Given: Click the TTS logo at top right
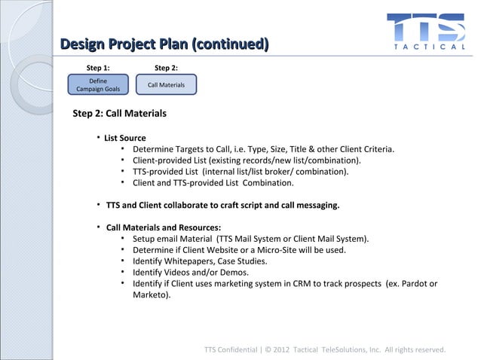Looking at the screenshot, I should (x=427, y=27).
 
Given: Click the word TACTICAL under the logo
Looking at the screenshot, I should (x=430, y=47).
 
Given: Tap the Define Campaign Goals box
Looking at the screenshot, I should (x=98, y=85).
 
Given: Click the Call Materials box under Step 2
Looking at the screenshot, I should (x=166, y=85).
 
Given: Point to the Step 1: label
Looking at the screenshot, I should (x=98, y=68).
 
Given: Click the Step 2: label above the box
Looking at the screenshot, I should (x=166, y=68).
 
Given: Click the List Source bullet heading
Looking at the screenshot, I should (x=125, y=138).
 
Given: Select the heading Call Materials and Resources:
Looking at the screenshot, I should (x=164, y=227).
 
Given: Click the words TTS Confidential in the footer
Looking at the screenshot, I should (x=230, y=349).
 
